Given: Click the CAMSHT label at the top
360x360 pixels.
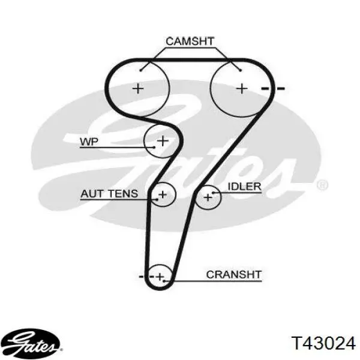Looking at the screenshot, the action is pos(190,41).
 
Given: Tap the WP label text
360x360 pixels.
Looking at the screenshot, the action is pos(89,142).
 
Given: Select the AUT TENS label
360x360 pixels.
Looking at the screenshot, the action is pos(109,194).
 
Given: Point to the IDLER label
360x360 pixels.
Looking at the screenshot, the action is pos(244,187).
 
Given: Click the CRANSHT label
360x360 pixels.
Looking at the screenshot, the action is pos(234,275).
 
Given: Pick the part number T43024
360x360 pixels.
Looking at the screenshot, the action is pos(323,343).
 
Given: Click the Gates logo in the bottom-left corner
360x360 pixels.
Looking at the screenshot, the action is pos(32,343).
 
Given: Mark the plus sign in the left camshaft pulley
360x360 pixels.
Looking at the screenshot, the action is pos(138,88).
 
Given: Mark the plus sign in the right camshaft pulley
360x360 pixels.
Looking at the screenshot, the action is pos(242,88).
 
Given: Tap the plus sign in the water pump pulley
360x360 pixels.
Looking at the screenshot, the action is pos(163,140).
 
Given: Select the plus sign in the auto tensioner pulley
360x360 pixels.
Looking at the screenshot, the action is pos(163,195).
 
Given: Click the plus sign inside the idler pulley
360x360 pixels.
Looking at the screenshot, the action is pos(208,197).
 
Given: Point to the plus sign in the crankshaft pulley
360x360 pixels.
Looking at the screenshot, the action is pos(160,277).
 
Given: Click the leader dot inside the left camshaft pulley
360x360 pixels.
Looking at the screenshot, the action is pos(141,70).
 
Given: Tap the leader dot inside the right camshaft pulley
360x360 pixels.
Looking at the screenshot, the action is pos(241,70).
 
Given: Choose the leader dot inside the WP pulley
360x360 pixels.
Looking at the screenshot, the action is pos(154,147).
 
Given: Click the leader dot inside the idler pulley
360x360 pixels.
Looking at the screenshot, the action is pos(213,193).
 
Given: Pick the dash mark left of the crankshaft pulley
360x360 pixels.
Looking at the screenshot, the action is pos(141,277).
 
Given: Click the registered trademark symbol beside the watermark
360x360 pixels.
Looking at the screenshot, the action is pos(322,185).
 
